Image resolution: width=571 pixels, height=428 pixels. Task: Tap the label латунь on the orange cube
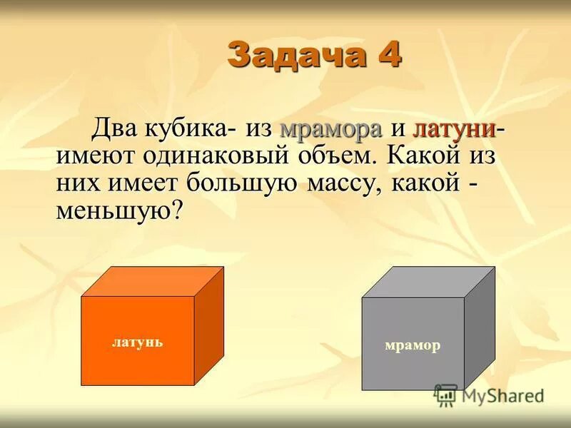point(137,342)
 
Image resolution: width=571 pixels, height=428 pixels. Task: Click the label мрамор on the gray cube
point(413,346)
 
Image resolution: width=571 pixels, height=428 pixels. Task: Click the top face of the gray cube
point(428,282)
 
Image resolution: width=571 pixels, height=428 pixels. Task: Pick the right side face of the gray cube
point(479,328)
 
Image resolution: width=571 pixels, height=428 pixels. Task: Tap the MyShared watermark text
point(502,395)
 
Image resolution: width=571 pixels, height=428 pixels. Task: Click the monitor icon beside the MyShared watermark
point(445,395)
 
